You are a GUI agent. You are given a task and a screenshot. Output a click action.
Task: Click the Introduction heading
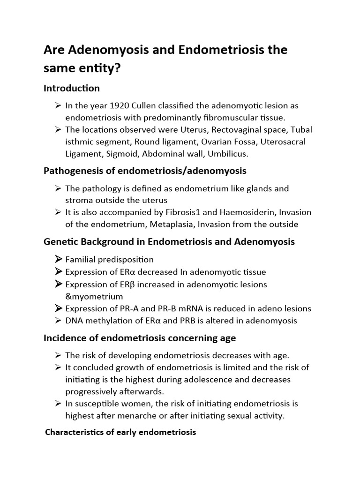[x=72, y=88]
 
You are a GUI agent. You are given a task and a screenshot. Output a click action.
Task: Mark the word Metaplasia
[x=172, y=225]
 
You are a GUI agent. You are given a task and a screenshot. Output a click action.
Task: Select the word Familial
[x=81, y=259]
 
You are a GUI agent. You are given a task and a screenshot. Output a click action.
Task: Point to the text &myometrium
[x=94, y=296]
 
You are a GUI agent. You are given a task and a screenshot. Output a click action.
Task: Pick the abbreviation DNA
[x=75, y=321]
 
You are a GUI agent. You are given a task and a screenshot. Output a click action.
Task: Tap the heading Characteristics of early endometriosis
[x=120, y=432]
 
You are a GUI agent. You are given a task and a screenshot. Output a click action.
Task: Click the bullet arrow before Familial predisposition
[x=58, y=259]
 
